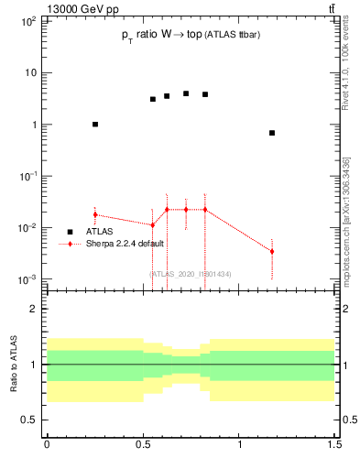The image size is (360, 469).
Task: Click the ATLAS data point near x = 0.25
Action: click(95, 124)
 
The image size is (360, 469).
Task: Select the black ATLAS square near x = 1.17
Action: click(272, 133)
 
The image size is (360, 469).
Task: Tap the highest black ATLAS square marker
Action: click(186, 93)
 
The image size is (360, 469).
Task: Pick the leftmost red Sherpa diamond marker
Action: click(95, 214)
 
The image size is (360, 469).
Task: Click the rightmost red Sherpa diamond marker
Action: click(272, 251)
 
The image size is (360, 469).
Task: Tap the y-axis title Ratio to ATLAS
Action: click(12, 364)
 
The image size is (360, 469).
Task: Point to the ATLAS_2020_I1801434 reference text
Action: click(190, 274)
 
